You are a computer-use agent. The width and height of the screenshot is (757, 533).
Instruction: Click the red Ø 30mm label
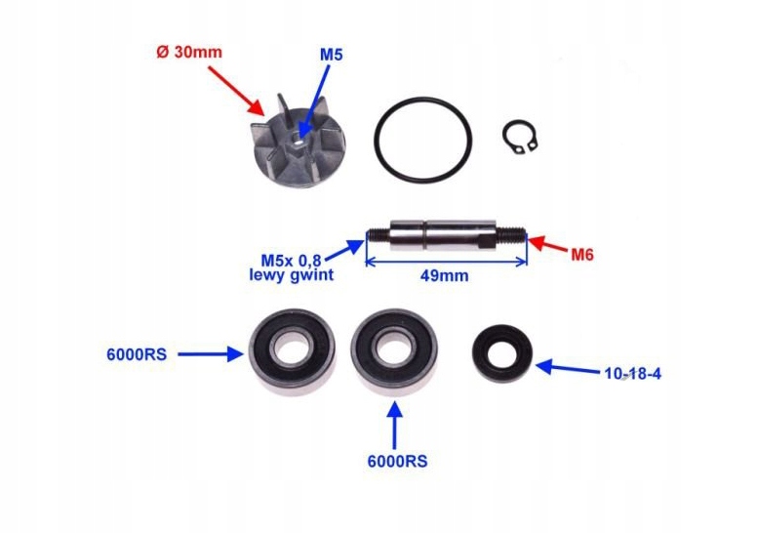coord(188,54)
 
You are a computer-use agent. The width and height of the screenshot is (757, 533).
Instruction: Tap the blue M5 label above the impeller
coord(332,56)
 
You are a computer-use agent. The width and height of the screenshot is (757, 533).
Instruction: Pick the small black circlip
coord(521,139)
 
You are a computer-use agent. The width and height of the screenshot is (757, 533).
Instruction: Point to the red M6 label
coord(582,255)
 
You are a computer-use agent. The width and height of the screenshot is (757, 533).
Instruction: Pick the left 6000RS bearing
coord(292,350)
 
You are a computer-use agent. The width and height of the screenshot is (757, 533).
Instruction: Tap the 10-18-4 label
coord(634,374)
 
